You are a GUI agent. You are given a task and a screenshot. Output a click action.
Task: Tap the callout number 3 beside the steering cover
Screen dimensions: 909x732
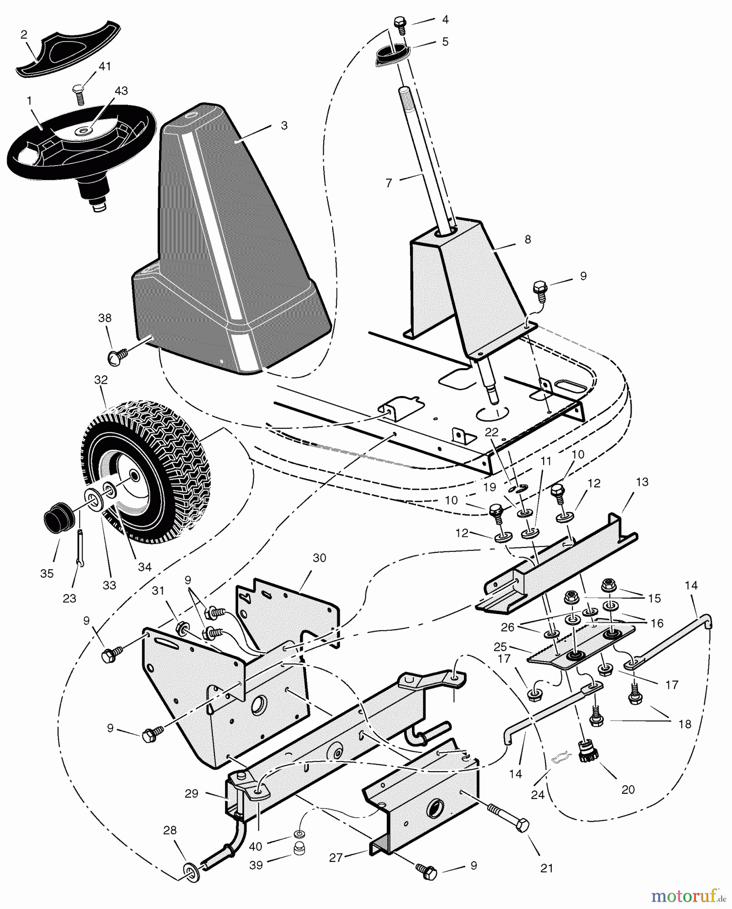(x=284, y=125)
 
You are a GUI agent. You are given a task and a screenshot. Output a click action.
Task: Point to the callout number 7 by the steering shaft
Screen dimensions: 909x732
(x=389, y=183)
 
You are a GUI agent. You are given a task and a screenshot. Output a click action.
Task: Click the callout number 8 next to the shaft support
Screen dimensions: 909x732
(x=528, y=239)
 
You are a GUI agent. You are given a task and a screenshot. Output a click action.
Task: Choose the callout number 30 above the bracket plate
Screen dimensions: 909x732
(x=319, y=558)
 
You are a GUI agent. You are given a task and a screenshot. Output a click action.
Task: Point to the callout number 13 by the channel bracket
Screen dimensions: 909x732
(x=642, y=482)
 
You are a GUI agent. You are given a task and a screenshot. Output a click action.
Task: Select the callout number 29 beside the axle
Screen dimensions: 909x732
(x=191, y=793)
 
